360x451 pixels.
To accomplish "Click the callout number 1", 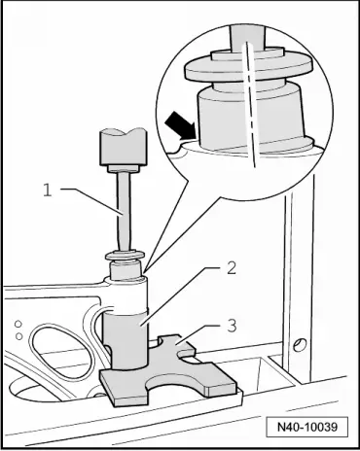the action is [48, 190].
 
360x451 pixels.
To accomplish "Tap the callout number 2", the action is [232, 268].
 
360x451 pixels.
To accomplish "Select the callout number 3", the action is [232, 326].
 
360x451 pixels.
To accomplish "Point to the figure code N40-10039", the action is [307, 427].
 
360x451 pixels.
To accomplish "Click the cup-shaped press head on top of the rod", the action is [123, 148].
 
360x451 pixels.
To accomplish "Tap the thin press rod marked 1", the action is [124, 212].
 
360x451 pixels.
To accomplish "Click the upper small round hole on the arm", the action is [18, 324].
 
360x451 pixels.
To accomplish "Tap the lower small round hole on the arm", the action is [19, 336].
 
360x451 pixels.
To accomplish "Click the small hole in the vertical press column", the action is [300, 344].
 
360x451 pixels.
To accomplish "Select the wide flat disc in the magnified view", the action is [249, 69].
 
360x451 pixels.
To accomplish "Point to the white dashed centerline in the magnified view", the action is [251, 104].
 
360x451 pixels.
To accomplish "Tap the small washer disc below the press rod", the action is [125, 255].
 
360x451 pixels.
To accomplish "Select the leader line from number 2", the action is [181, 295].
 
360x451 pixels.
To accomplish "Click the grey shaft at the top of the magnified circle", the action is [247, 38].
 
